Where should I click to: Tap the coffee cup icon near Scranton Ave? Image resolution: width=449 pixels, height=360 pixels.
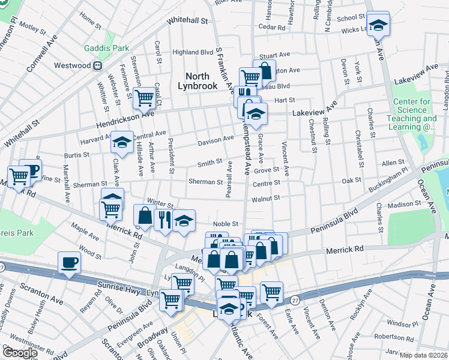coord(69,262)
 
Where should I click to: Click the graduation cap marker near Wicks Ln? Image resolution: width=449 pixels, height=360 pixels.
coord(379,25)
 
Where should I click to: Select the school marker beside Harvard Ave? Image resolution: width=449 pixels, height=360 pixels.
coord(122,142)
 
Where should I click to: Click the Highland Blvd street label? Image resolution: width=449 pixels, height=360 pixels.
coord(193,52)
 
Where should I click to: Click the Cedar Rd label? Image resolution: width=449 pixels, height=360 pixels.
coord(271,27)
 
